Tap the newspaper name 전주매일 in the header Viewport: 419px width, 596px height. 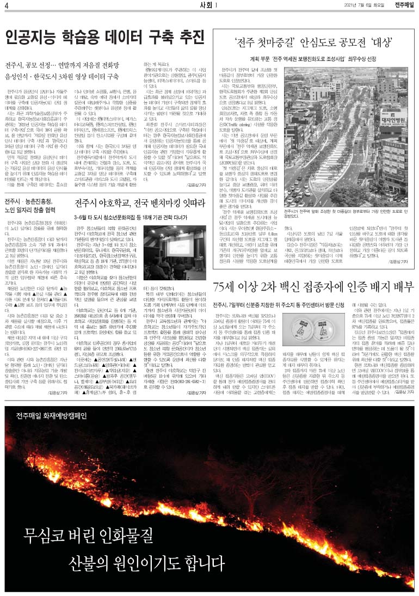pyautogui.click(x=404, y=5)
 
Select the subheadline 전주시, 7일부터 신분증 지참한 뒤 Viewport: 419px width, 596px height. pyautogui.click(x=251, y=304)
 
